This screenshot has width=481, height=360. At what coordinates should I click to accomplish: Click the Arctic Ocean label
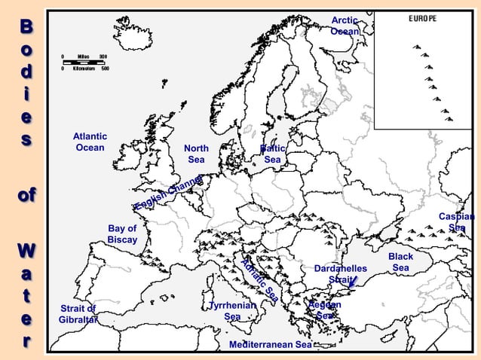click(x=345, y=26)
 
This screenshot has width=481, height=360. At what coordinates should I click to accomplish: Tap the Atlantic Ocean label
click(x=90, y=142)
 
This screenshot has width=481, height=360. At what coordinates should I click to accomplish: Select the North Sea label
click(x=196, y=154)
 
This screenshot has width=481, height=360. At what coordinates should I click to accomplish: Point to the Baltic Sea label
click(x=272, y=154)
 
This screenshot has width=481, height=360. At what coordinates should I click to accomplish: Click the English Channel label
click(x=169, y=194)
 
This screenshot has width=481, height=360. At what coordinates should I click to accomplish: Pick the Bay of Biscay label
click(x=122, y=234)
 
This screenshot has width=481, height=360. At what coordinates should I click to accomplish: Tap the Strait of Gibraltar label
click(x=78, y=314)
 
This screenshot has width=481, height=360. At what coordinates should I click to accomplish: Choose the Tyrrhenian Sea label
click(x=233, y=311)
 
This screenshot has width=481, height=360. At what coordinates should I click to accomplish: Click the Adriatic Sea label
click(x=260, y=280)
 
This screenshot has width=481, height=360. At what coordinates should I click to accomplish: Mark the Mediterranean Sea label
click(x=270, y=344)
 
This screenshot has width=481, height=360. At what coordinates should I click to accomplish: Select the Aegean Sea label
click(x=326, y=310)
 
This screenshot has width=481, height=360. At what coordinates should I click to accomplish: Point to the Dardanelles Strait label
click(x=340, y=274)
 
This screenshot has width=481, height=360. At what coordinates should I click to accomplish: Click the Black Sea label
click(x=400, y=262)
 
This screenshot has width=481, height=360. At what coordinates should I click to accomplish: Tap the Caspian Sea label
click(x=457, y=222)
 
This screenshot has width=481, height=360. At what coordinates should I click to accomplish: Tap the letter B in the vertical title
click(x=26, y=26)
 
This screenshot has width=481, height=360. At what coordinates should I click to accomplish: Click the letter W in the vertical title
click(x=26, y=249)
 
